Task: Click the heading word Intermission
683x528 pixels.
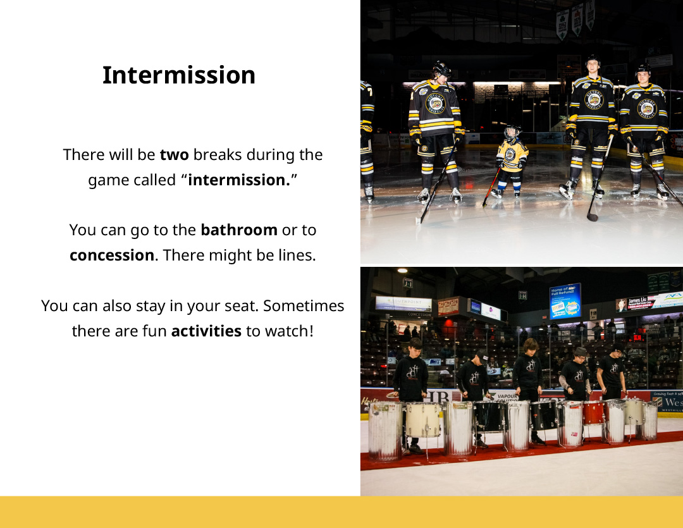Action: click(178, 75)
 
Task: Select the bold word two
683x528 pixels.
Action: click(175, 155)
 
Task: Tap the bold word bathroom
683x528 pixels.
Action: click(238, 230)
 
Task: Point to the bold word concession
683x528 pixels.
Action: click(112, 255)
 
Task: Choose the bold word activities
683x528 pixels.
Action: click(206, 331)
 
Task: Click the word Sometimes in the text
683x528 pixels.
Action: click(304, 306)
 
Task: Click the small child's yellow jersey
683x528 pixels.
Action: click(512, 156)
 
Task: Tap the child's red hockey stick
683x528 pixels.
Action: click(491, 187)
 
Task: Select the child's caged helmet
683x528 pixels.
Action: click(512, 132)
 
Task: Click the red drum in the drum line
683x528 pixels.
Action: click(593, 412)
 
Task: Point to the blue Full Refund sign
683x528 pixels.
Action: click(565, 301)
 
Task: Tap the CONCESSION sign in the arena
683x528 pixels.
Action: click(419, 314)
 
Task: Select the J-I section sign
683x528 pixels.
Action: click(408, 283)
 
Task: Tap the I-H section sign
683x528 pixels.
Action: click(523, 296)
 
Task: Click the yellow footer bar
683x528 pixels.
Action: click(341, 512)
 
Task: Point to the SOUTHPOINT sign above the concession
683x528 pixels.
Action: click(403, 302)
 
